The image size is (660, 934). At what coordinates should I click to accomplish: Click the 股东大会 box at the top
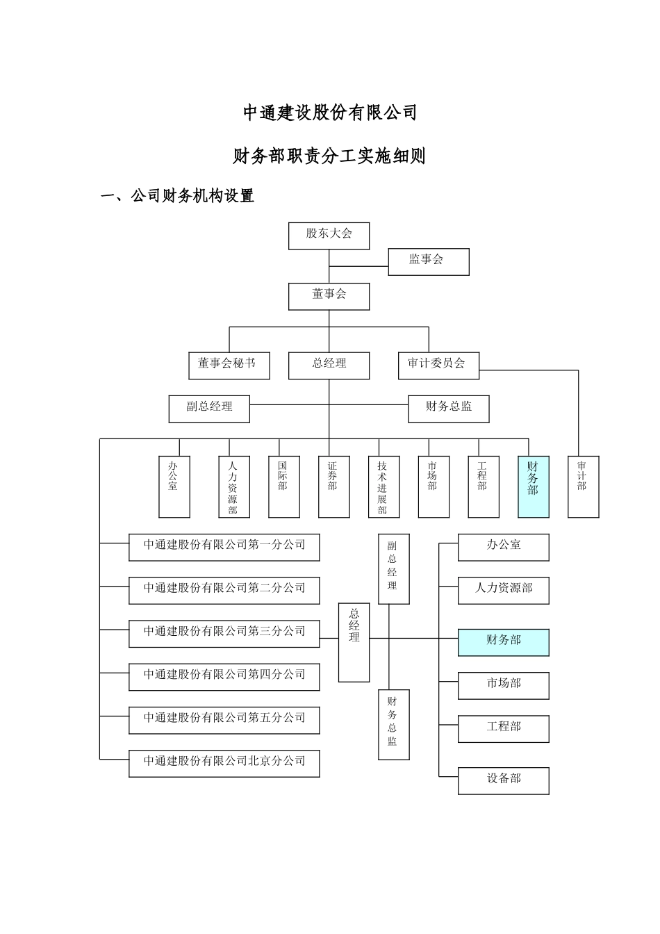(329, 236)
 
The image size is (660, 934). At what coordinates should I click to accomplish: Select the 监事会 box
(428, 261)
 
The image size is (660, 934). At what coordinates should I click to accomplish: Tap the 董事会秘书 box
(229, 365)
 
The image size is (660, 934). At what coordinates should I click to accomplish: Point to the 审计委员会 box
(438, 365)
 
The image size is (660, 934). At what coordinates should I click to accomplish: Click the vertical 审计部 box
(583, 486)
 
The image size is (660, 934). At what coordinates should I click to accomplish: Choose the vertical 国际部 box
(283, 486)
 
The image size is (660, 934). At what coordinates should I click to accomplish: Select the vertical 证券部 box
(333, 486)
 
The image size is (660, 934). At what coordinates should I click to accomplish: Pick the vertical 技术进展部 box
(383, 486)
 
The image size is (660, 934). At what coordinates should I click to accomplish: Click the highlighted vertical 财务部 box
(533, 486)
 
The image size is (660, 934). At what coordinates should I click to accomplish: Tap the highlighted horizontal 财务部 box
(503, 642)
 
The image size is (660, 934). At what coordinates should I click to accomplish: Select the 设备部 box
(503, 780)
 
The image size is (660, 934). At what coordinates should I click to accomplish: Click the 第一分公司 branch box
(224, 547)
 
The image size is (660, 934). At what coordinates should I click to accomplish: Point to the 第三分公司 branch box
(224, 634)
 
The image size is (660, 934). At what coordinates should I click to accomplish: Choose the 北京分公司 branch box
(224, 763)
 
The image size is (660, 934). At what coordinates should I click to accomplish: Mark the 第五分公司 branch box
(224, 720)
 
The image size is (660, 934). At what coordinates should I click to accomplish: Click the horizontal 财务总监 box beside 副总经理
(448, 409)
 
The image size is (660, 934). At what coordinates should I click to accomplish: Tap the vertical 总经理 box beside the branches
(354, 642)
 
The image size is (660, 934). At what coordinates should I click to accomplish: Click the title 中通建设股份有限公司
(329, 113)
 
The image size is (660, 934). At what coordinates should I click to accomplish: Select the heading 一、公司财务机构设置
(178, 197)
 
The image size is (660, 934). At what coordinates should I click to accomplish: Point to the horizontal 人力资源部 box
(503, 590)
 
